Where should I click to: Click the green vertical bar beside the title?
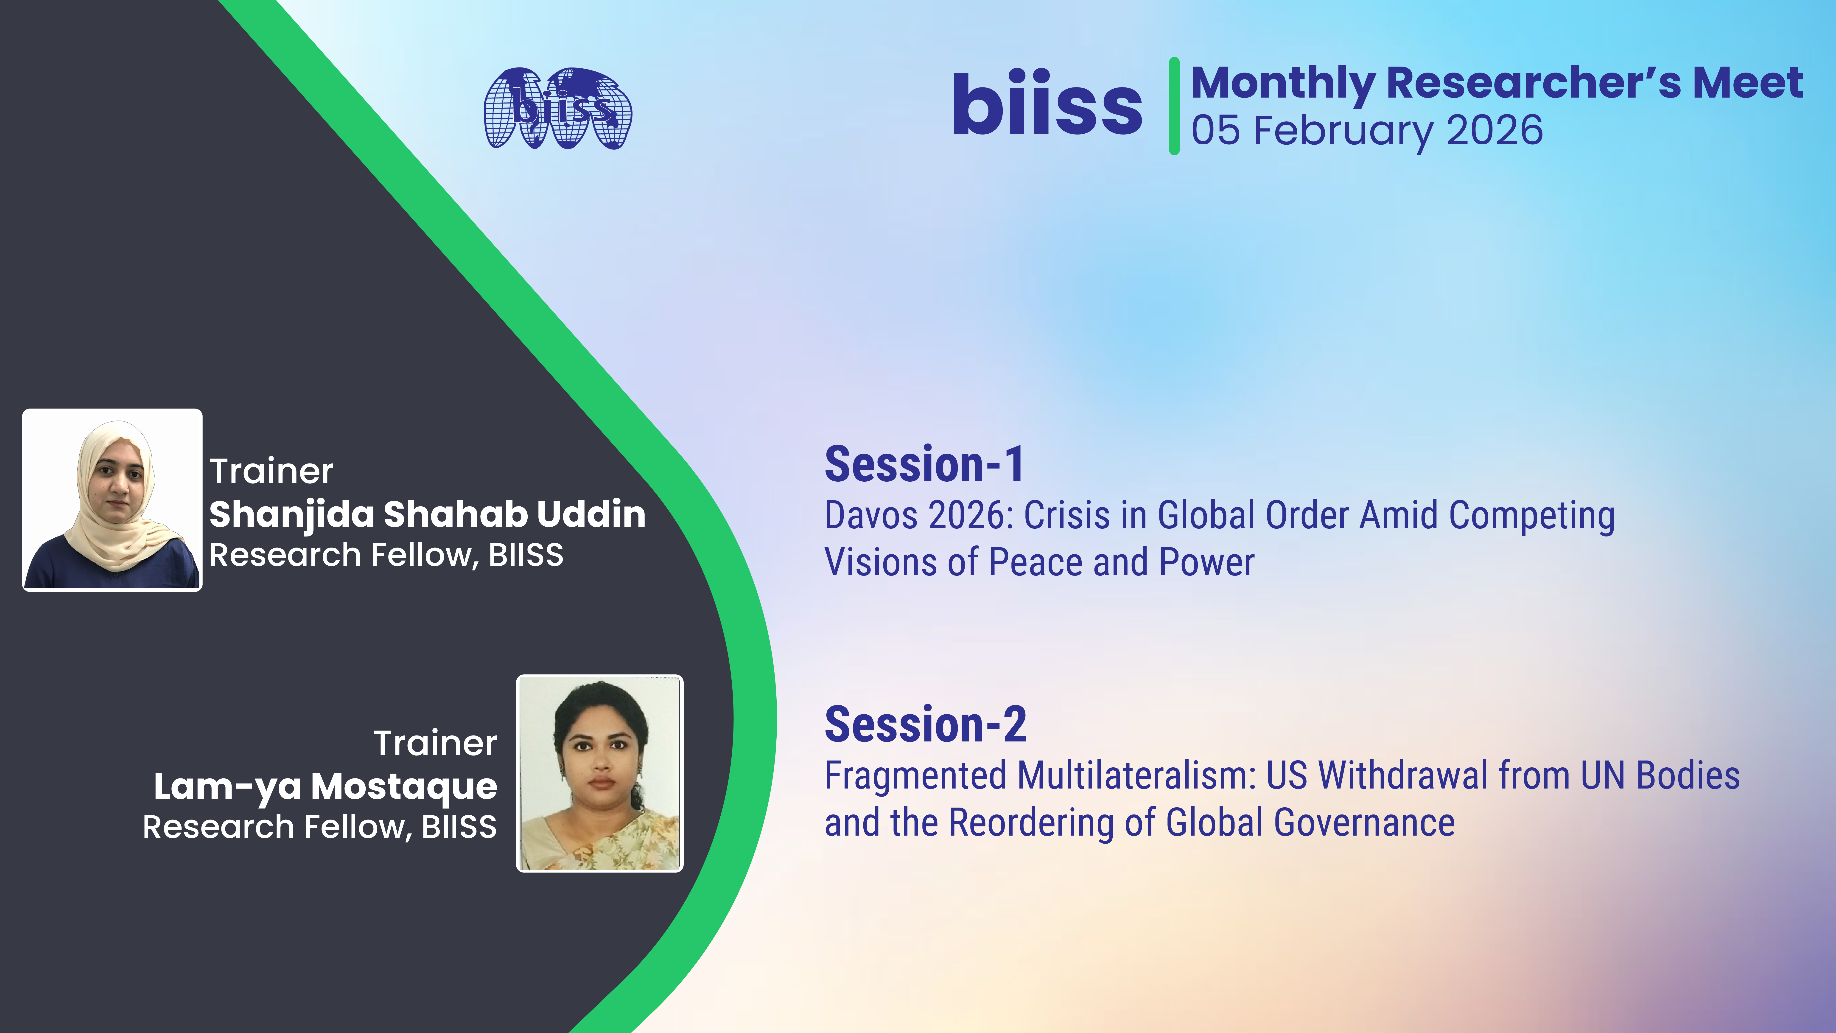[x=1174, y=106]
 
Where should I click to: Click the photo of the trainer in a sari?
[x=599, y=774]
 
